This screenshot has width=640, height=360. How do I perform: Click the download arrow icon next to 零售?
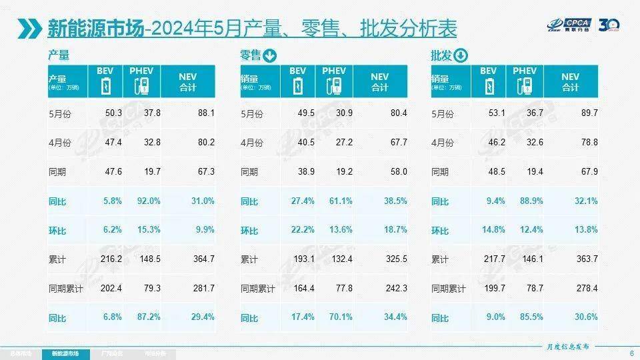click(x=270, y=55)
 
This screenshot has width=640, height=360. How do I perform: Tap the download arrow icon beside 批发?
click(x=461, y=55)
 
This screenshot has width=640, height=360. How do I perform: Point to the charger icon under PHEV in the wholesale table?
click(x=524, y=86)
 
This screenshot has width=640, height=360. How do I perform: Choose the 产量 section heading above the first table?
click(x=59, y=55)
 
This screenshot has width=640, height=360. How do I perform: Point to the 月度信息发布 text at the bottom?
click(x=563, y=347)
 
